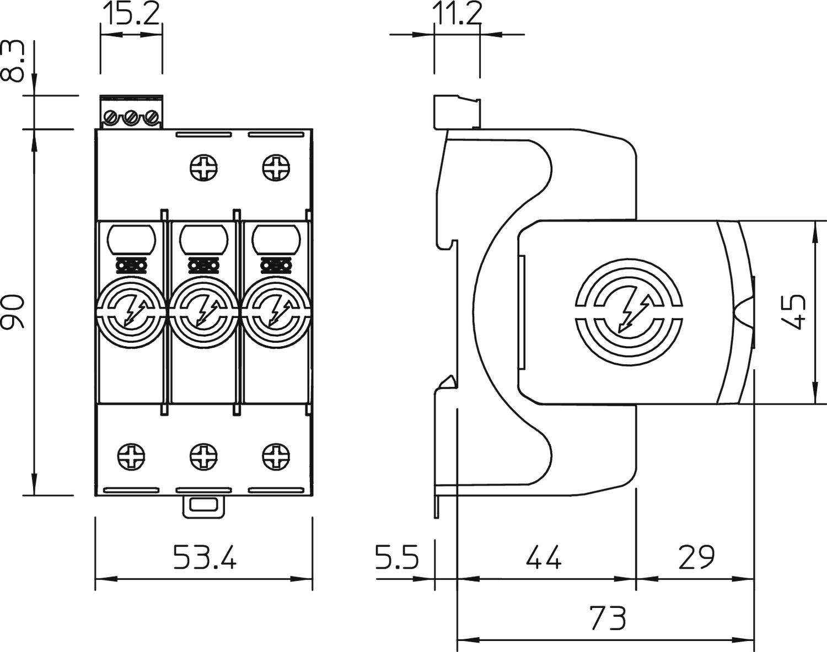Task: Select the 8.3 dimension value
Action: (13, 62)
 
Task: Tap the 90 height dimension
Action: (13, 312)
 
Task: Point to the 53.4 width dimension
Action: (205, 557)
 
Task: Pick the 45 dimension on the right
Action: (794, 312)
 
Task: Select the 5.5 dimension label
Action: (397, 557)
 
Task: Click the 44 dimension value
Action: (544, 557)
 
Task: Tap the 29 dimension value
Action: (696, 557)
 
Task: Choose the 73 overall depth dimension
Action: (608, 618)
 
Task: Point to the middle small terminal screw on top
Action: (131, 117)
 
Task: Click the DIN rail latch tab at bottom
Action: (204, 505)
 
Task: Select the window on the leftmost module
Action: (131, 238)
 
